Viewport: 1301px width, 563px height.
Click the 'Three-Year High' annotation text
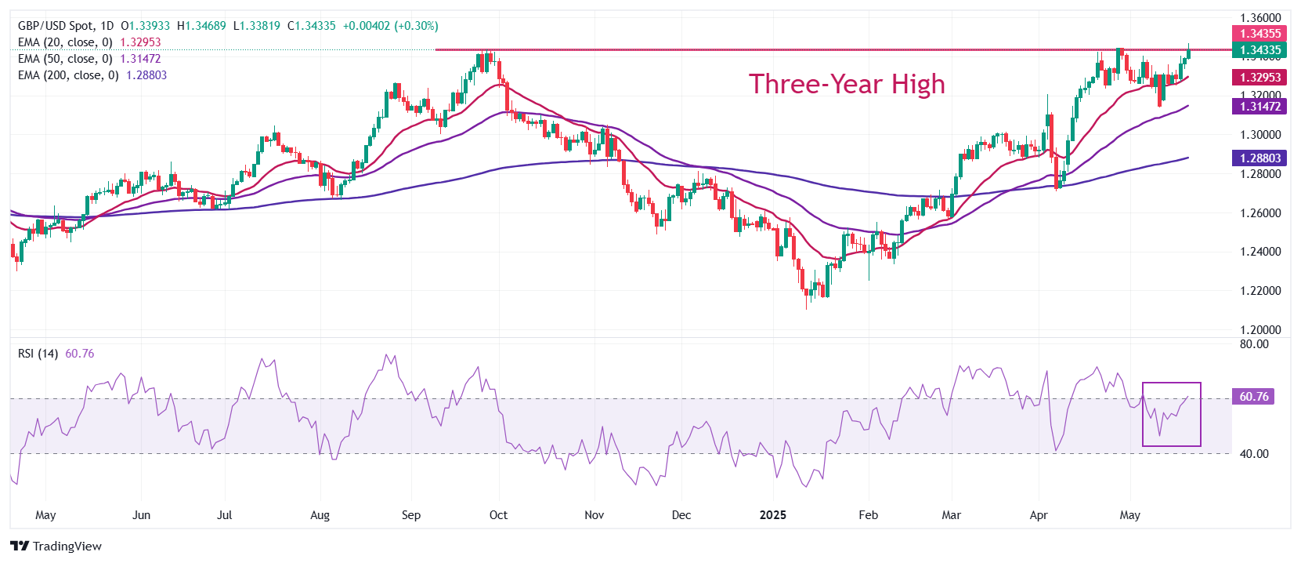coord(847,84)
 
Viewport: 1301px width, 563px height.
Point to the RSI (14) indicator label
coord(38,354)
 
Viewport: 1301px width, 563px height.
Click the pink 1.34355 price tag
coord(1259,34)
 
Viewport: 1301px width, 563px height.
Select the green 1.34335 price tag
coord(1259,50)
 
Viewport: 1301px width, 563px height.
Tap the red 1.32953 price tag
coord(1259,78)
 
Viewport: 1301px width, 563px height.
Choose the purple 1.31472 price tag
coord(1259,107)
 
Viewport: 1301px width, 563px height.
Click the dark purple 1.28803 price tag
coord(1259,158)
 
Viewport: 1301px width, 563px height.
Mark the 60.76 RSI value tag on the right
coord(1253,397)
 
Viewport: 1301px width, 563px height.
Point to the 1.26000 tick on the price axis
coord(1259,213)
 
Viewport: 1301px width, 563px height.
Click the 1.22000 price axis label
coord(1259,291)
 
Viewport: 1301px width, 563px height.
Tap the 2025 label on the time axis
coord(773,515)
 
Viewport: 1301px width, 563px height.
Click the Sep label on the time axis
coord(410,515)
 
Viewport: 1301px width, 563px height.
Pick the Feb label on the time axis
coord(868,515)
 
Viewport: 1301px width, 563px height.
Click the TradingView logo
coord(56,547)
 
